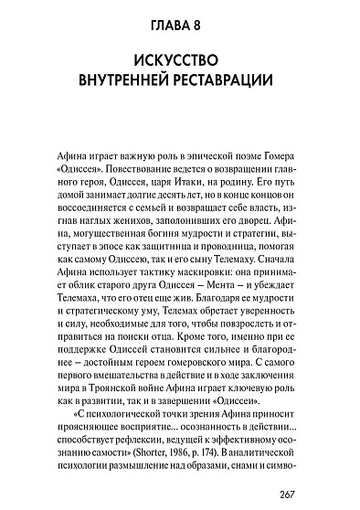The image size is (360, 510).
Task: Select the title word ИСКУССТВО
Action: [x=180, y=65]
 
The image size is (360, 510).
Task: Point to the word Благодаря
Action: [x=209, y=317]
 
